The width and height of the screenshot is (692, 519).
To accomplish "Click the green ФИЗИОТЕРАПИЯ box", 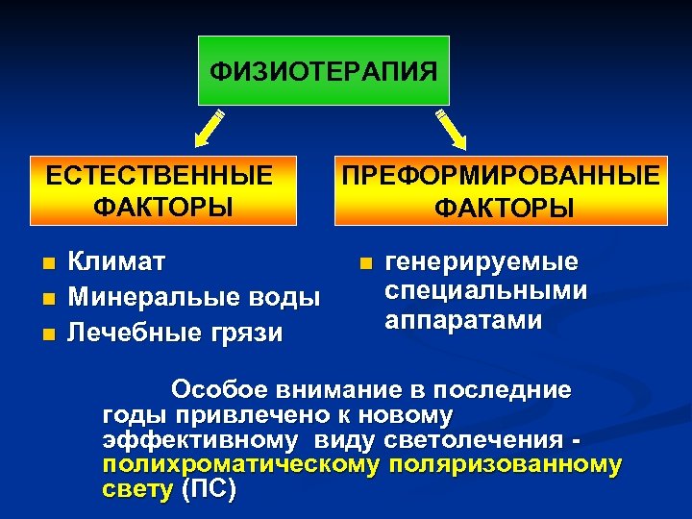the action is [324, 70].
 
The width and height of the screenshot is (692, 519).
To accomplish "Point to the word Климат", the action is [118, 260].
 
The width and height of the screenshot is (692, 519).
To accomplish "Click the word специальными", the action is [486, 290].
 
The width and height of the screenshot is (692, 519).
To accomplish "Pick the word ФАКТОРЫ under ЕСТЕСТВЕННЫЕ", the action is [163, 206].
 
